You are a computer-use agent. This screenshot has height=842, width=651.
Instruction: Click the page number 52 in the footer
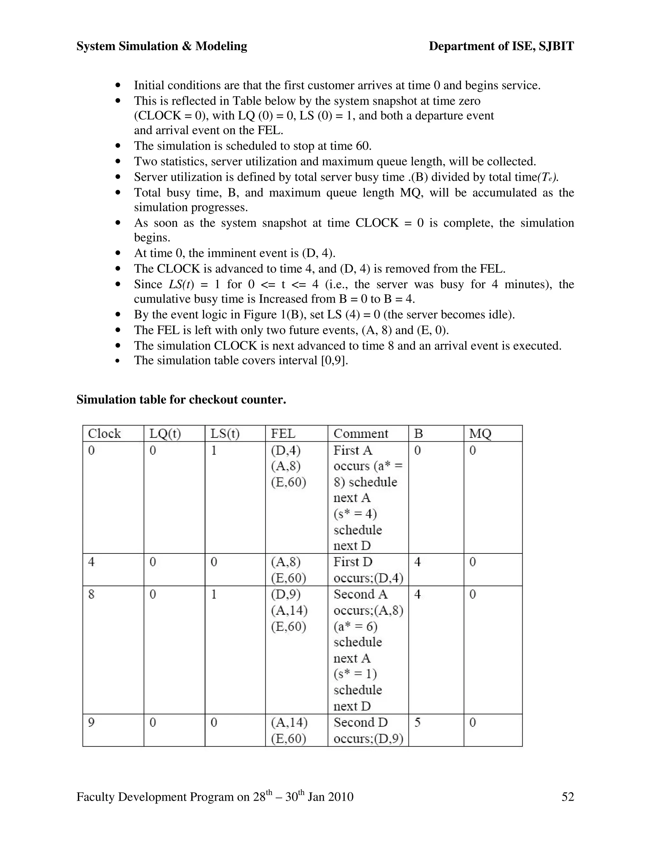[567, 797]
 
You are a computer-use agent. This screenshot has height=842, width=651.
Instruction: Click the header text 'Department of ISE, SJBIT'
[501, 46]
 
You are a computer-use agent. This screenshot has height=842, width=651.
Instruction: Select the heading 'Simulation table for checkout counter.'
[181, 399]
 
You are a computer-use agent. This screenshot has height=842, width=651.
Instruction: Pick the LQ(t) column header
[165, 434]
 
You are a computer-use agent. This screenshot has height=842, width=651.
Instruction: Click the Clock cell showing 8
[92, 594]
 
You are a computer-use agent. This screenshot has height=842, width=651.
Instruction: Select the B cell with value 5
[417, 722]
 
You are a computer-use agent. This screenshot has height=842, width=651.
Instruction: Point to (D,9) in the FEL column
[285, 594]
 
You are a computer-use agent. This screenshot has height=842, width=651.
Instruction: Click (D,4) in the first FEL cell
[285, 450]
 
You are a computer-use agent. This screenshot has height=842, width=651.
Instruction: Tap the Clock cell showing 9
[92, 722]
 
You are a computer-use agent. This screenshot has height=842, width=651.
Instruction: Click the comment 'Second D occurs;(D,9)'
[368, 730]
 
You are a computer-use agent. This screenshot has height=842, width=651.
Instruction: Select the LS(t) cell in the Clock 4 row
[214, 562]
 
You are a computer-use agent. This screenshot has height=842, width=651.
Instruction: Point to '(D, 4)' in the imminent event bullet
[318, 253]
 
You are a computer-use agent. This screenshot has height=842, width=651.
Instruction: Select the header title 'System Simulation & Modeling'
[161, 46]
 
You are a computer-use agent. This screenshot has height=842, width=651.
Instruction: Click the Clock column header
[104, 434]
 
